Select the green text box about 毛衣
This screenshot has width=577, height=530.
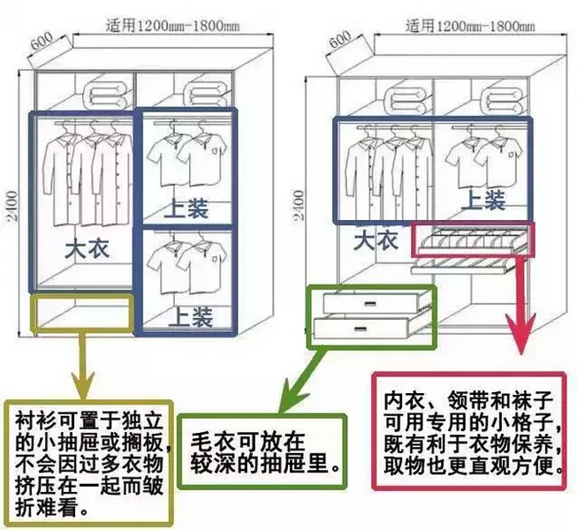coord(263,450)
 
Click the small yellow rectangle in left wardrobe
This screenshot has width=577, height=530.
coord(82,313)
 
